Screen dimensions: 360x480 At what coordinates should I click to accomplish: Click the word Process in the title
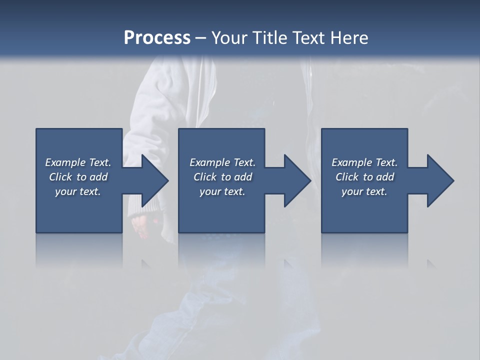point(157,38)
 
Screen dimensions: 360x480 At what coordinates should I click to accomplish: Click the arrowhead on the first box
point(154,180)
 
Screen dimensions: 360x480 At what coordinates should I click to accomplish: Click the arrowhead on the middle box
point(297,180)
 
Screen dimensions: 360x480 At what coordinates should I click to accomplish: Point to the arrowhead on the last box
point(440,180)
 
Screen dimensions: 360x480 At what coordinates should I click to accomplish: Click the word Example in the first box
point(65,162)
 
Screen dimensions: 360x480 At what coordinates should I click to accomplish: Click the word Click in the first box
point(60,177)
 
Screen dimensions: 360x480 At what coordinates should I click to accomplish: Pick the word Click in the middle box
point(204,177)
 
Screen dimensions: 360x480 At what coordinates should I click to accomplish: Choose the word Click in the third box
point(346,177)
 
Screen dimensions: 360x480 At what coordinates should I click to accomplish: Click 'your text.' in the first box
point(78,191)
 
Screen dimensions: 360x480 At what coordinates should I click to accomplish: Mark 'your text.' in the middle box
point(222,191)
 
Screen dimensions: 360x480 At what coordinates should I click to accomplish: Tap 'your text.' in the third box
point(364,191)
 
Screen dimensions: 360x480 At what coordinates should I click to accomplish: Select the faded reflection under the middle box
point(221,250)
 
